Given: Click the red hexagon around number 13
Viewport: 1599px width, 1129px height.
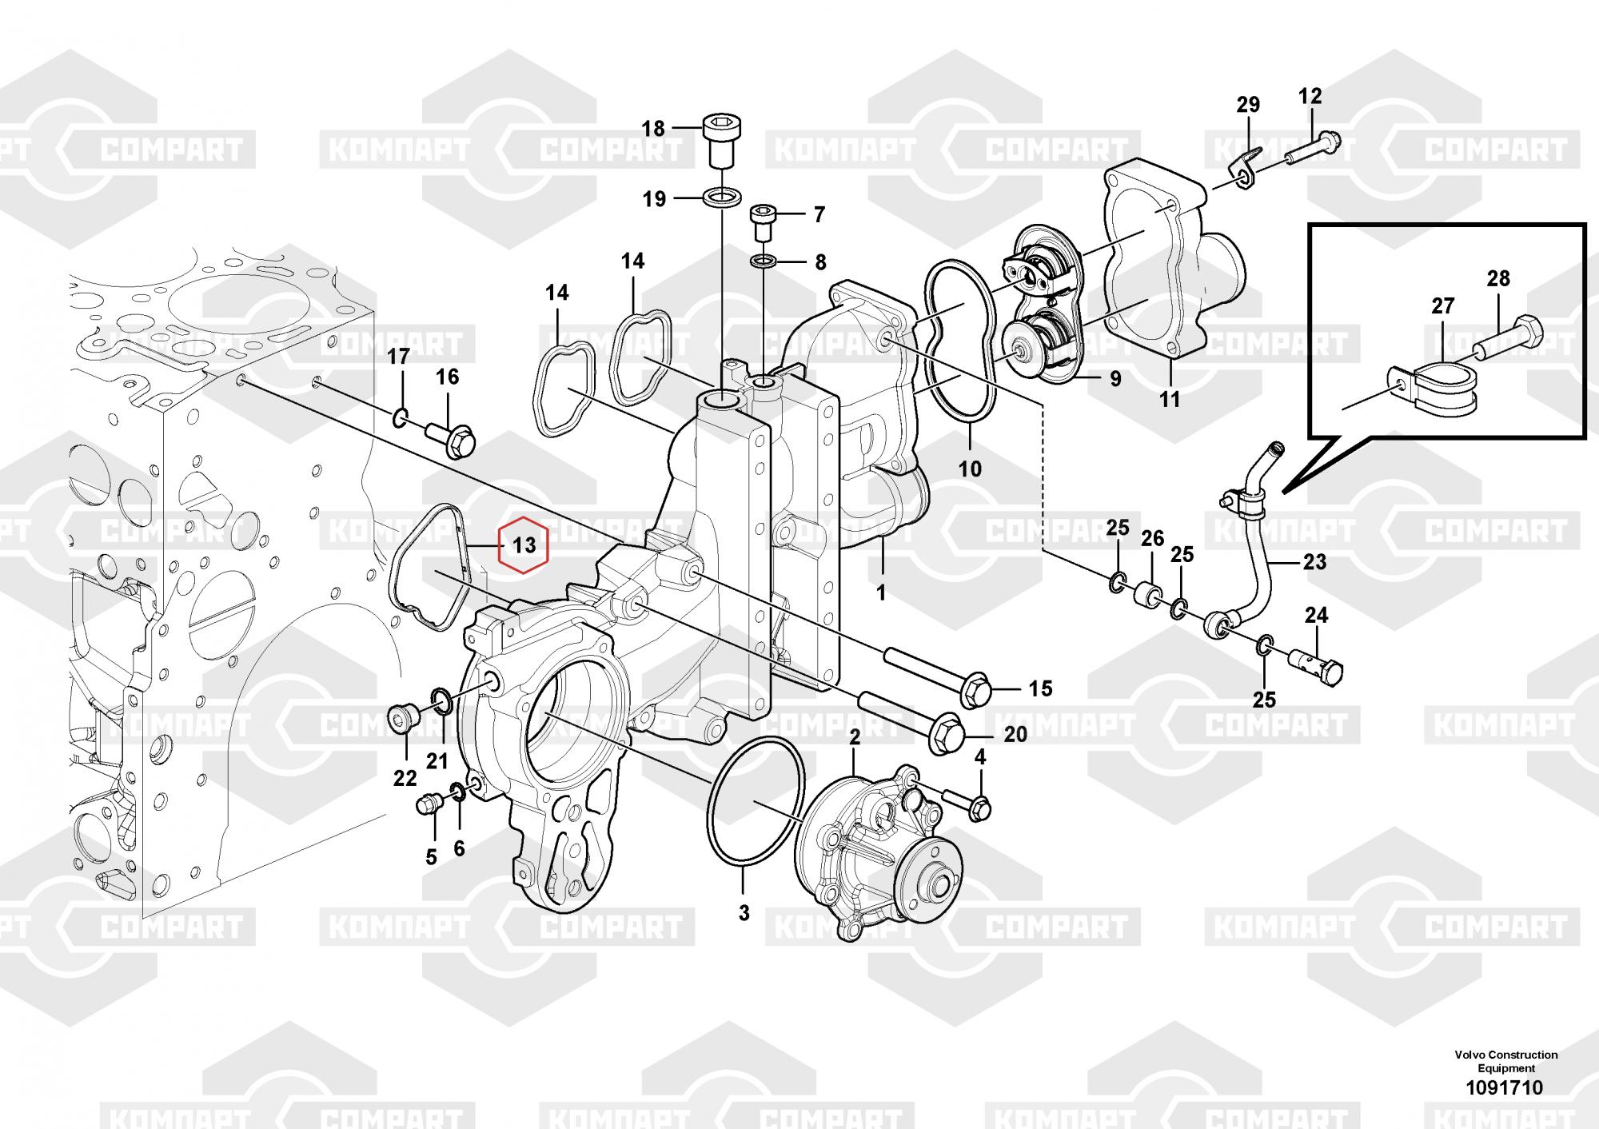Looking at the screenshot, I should pyautogui.click(x=524, y=545).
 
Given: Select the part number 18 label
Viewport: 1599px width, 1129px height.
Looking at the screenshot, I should pyautogui.click(x=653, y=128).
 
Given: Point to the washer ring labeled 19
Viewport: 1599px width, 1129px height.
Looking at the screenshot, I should pyautogui.click(x=722, y=197).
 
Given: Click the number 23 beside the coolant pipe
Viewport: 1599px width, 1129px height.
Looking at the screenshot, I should pyautogui.click(x=1314, y=562).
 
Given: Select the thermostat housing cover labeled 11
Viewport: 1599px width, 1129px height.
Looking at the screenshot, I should pyautogui.click(x=1159, y=264).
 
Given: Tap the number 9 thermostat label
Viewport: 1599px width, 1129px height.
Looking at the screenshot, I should pyautogui.click(x=1115, y=378).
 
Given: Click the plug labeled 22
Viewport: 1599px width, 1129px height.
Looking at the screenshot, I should pyautogui.click(x=401, y=718).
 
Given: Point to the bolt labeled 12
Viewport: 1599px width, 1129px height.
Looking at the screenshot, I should pyautogui.click(x=1312, y=151).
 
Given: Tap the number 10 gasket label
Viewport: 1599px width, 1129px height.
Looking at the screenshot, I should pyautogui.click(x=970, y=468).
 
